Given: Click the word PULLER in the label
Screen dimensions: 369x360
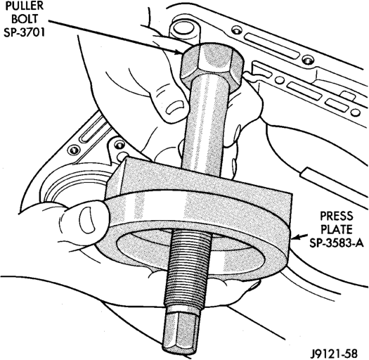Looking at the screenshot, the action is click(x=25, y=6).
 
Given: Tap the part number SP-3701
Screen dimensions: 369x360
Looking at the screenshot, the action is click(x=24, y=32).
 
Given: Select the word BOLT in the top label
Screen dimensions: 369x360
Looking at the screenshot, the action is click(x=25, y=19).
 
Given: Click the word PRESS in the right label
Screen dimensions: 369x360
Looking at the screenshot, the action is click(x=337, y=216).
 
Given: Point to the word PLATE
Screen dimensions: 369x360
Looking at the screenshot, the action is click(x=337, y=229).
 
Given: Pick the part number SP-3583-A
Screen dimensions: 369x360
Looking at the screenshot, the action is click(x=337, y=243).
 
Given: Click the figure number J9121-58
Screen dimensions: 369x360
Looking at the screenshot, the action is click(x=334, y=354).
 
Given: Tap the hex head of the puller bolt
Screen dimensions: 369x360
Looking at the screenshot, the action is click(x=212, y=65).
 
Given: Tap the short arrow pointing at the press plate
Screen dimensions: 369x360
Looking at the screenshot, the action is click(x=299, y=237).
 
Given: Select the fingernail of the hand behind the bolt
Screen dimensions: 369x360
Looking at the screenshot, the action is click(x=174, y=106).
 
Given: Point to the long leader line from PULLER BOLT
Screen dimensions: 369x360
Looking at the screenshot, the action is click(x=113, y=37).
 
